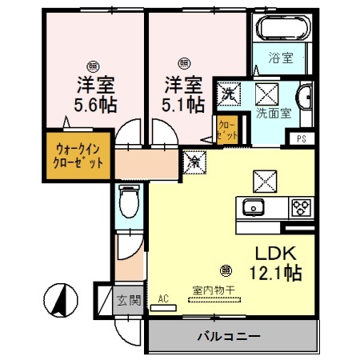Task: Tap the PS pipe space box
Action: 301,138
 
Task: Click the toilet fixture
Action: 127,200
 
